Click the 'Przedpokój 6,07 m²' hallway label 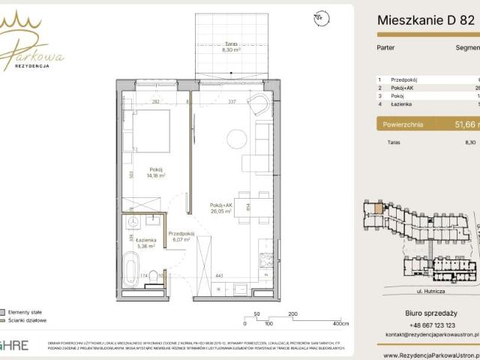[181, 236]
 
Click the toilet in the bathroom [154, 275]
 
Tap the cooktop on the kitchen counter [265, 261]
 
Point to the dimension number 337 [232, 101]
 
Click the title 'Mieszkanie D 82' [425, 21]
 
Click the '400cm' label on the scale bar [342, 325]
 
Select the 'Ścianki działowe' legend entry [27, 320]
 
